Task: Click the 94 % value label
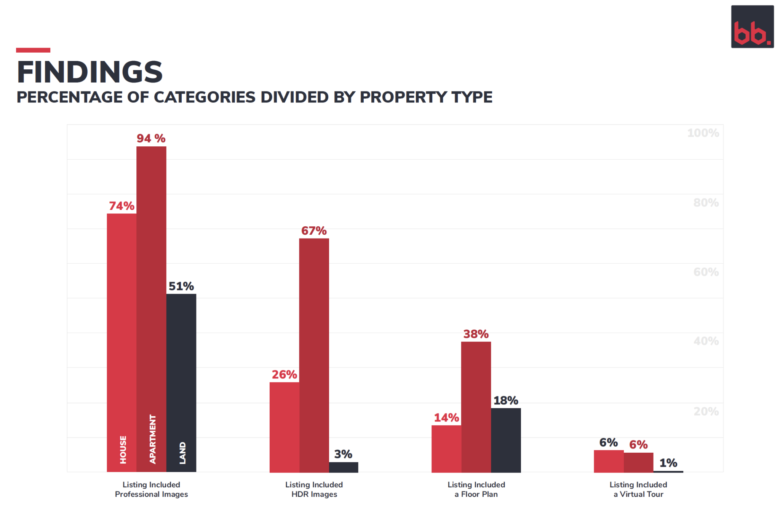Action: (x=151, y=138)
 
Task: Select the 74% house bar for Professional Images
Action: (x=121, y=324)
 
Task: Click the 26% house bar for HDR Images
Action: (x=284, y=427)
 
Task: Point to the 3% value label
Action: (x=343, y=454)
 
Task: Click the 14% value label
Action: (x=446, y=418)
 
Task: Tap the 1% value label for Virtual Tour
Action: (x=668, y=463)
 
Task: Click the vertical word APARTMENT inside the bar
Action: (x=153, y=439)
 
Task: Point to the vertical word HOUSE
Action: (x=123, y=450)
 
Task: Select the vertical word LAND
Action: (x=182, y=453)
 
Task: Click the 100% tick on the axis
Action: (x=703, y=133)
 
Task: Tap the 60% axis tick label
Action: (x=706, y=272)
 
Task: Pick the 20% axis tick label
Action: (x=706, y=412)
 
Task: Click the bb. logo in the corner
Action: (x=752, y=27)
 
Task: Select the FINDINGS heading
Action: (x=90, y=72)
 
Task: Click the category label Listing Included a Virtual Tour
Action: (x=638, y=489)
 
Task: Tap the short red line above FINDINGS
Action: (x=33, y=50)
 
